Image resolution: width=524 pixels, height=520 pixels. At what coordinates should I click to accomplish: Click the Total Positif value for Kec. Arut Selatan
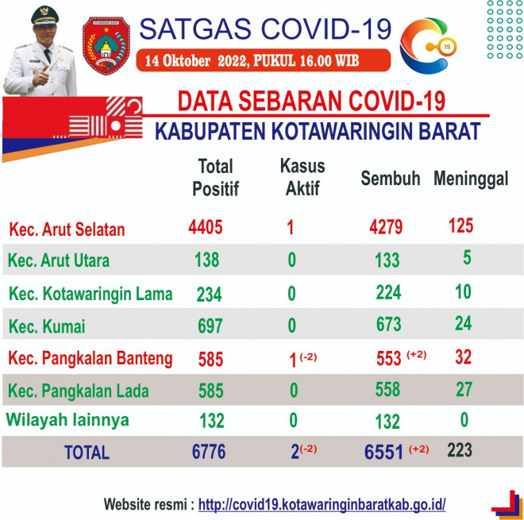coord(205,228)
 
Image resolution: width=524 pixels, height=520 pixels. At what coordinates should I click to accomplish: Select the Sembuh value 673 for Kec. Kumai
coord(389,324)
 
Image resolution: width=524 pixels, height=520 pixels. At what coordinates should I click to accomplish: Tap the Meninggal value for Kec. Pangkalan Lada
coord(464,389)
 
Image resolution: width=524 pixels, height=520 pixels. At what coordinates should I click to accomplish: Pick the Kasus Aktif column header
coord(302,177)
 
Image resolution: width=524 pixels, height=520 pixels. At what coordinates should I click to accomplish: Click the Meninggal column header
coord(471,179)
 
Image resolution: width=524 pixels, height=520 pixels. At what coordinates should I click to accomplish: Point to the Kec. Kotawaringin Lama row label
coord(91,294)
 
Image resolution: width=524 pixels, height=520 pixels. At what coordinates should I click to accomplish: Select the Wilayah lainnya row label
coord(67,420)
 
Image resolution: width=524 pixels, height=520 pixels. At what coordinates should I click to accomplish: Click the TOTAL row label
coord(87,453)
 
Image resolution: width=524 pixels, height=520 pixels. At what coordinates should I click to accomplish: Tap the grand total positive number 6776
coord(209,452)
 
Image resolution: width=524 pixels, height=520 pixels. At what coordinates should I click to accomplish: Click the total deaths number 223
coord(460,450)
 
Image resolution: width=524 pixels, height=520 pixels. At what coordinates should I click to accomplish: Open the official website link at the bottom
coord(322,504)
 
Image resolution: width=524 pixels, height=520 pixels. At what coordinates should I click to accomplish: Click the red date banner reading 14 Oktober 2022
coord(264,60)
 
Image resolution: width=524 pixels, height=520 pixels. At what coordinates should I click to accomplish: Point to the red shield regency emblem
coord(106,46)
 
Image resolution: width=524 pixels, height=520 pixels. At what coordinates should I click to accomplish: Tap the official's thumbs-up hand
coord(40,76)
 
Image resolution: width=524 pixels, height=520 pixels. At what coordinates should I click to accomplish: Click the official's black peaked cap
coord(44,15)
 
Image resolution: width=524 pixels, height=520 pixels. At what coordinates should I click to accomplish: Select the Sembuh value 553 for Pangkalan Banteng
coord(389,359)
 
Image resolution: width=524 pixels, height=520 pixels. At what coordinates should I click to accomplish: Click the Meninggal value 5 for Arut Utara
coord(467,258)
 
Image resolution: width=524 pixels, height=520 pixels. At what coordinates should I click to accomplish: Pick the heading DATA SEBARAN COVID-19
coord(311,101)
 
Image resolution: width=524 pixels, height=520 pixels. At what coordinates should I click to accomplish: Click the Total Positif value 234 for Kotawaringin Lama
coord(209,295)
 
